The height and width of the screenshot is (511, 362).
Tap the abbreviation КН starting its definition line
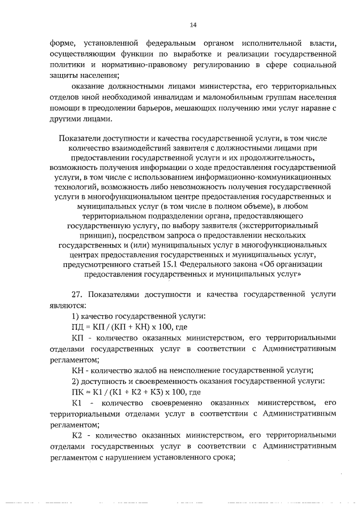[71, 370]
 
